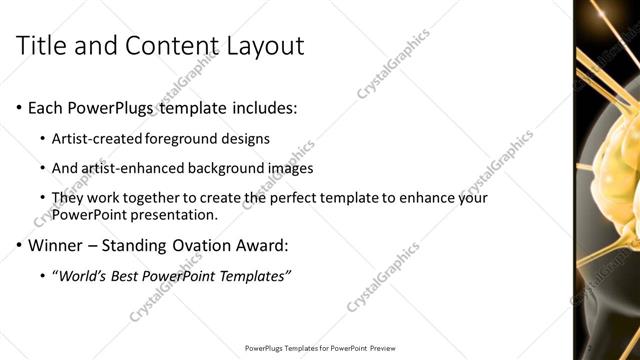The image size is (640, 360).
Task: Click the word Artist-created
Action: coord(98,139)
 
